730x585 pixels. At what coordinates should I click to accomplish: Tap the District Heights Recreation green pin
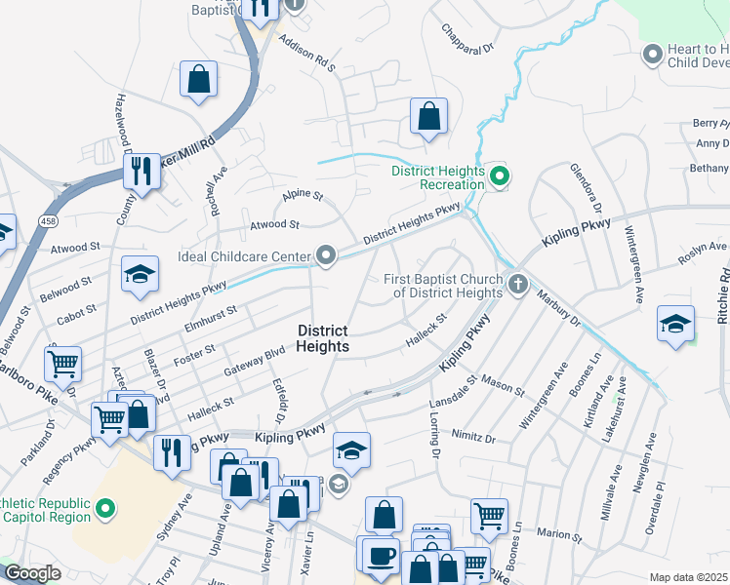click(500, 176)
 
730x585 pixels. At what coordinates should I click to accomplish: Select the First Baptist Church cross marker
click(517, 285)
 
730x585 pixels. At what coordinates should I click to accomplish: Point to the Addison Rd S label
click(306, 55)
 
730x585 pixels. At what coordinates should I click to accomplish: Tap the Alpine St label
click(303, 196)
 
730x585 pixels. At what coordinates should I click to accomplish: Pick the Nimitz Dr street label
click(473, 435)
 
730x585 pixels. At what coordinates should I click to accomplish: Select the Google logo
click(31, 573)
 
